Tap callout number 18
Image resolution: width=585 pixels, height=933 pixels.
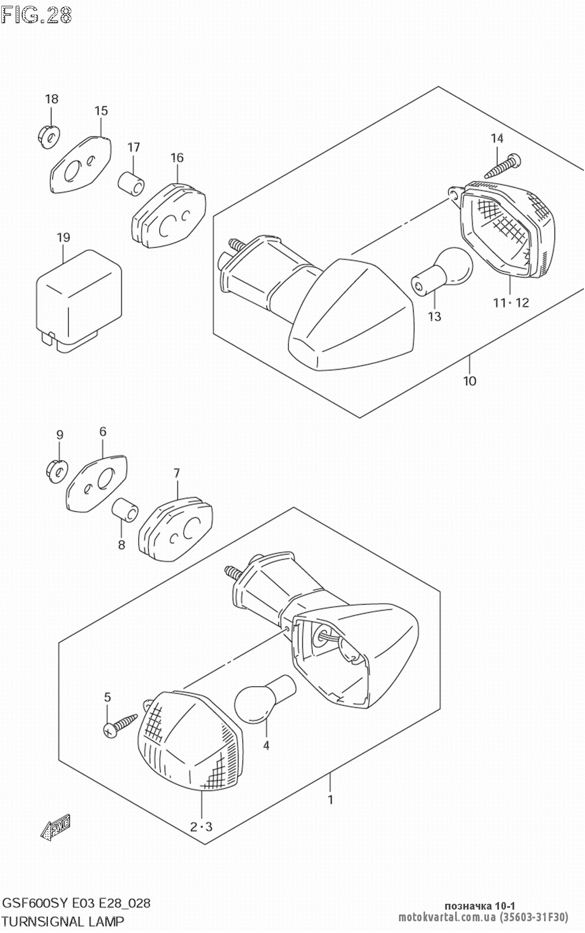coord(51,99)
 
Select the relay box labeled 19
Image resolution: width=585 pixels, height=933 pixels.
coord(79,302)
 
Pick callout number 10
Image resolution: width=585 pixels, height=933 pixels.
coord(470,381)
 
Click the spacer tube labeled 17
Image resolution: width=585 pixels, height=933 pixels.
coord(131,183)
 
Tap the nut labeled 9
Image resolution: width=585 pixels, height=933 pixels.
coord(58,471)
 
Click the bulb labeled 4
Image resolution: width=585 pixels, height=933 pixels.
coord(265,698)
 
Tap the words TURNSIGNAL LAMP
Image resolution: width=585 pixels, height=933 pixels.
coord(63,920)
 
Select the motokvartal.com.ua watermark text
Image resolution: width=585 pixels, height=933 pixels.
coord(447,918)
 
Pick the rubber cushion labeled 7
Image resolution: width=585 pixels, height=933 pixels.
coord(175,529)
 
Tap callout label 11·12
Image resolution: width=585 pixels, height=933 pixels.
coord(511,302)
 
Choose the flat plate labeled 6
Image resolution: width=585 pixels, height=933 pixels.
coord(97,484)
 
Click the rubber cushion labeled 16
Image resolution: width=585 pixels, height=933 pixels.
coord(169,215)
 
